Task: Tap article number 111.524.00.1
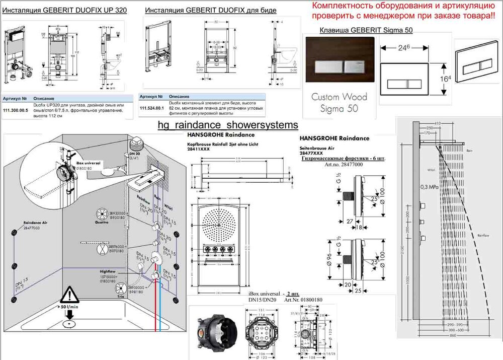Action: [x=152, y=108]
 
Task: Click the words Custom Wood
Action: [x=339, y=97]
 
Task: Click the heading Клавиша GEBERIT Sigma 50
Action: [x=366, y=30]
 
